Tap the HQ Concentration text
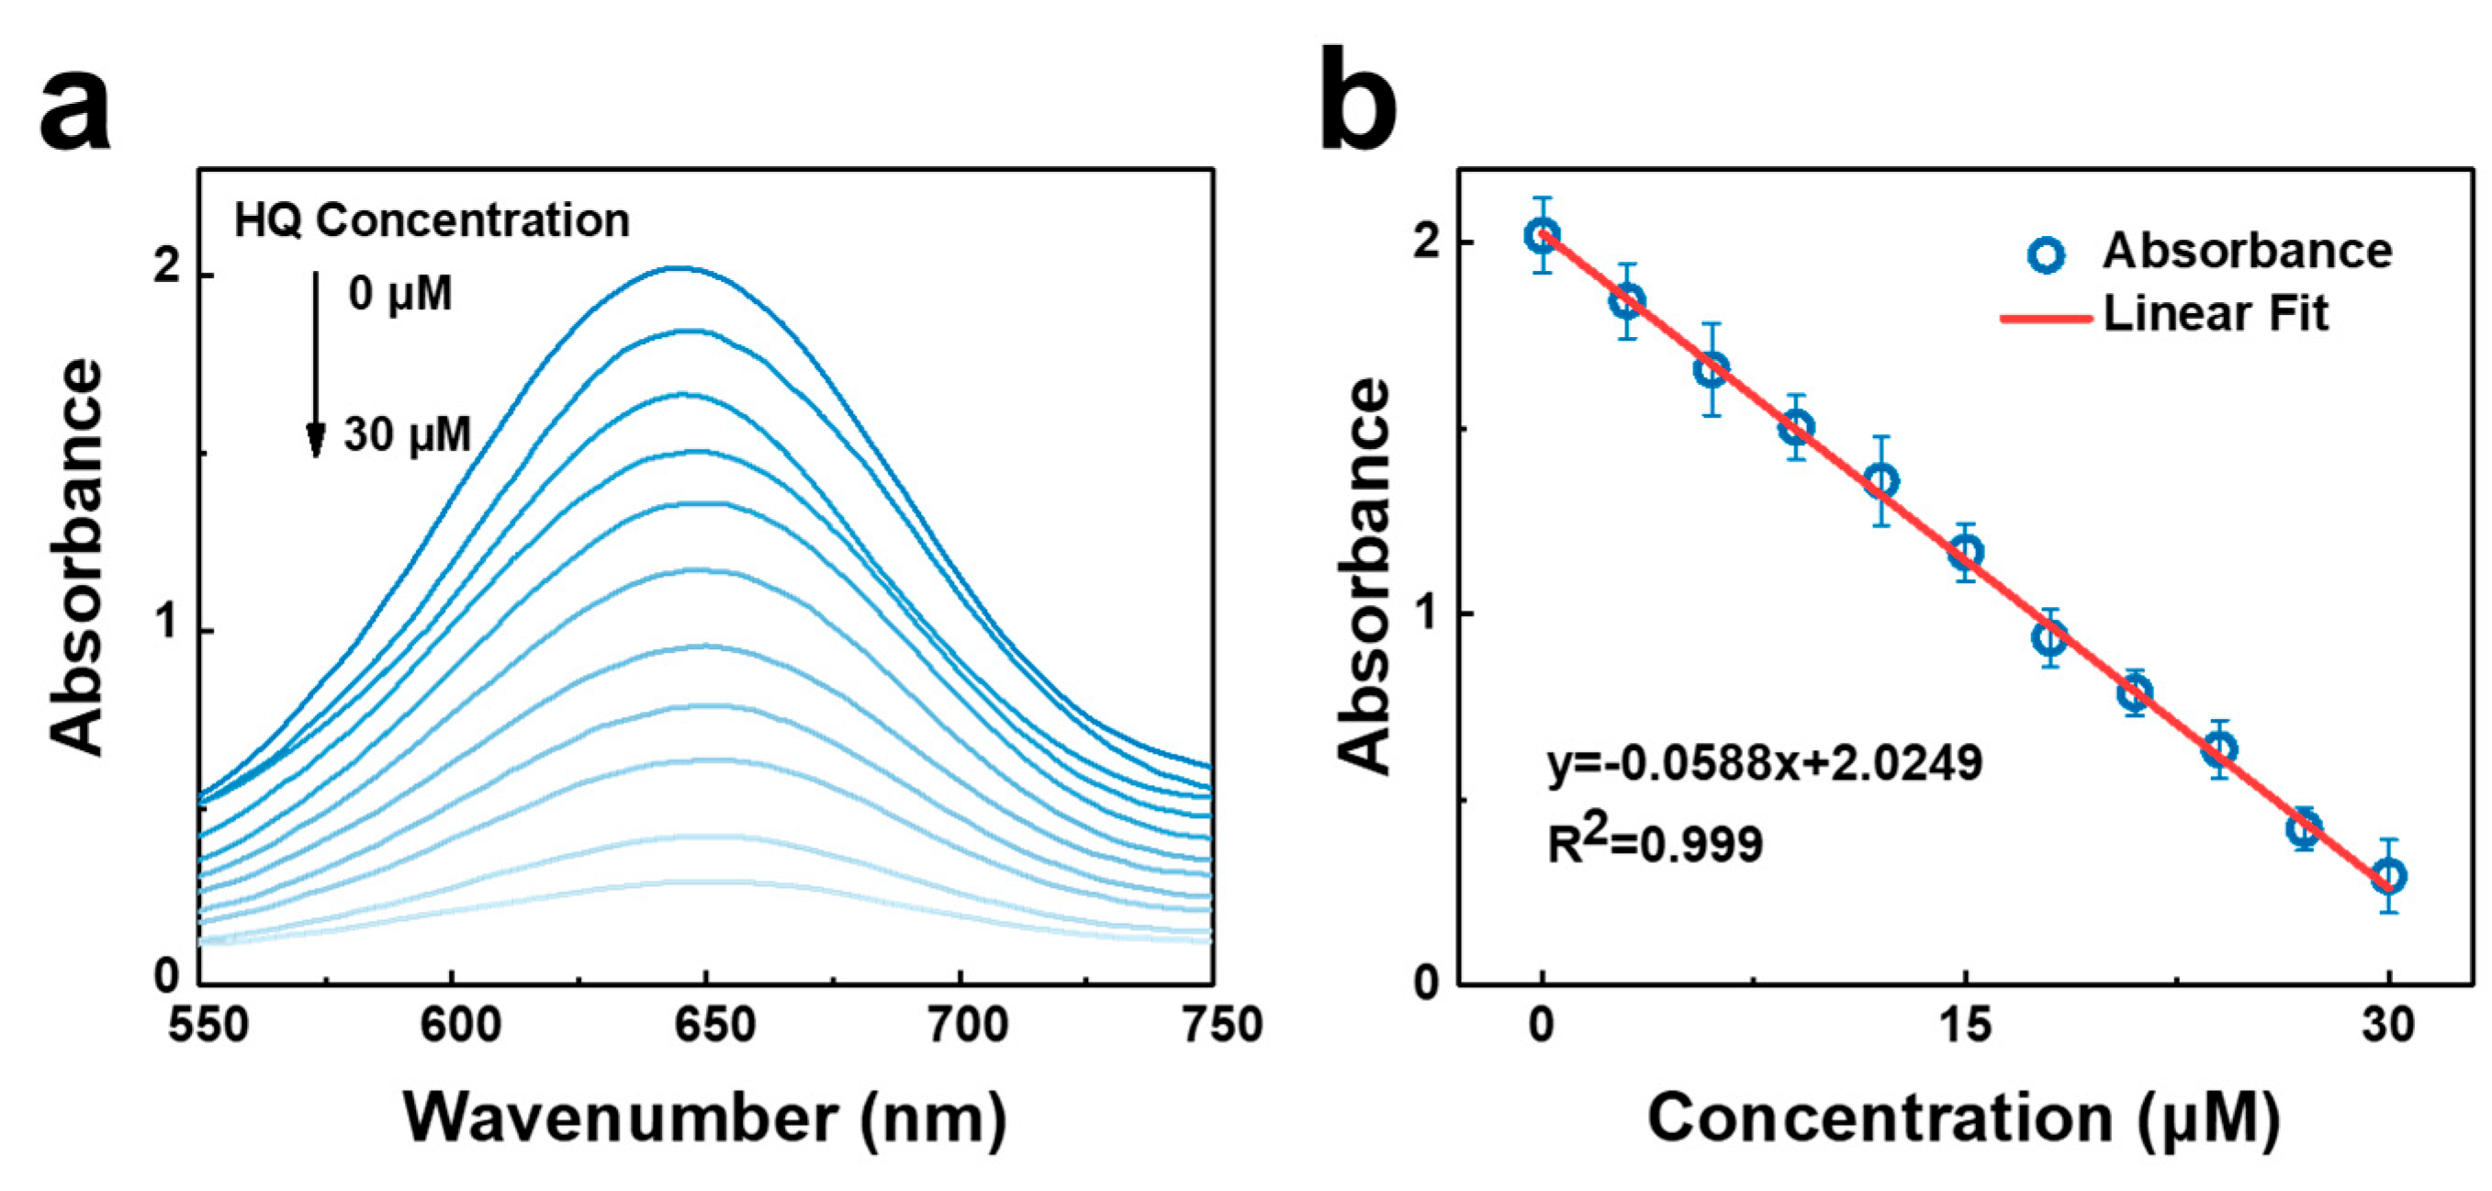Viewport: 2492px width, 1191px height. (x=432, y=220)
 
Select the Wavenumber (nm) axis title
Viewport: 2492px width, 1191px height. (x=705, y=1119)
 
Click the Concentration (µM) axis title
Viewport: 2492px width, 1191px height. (x=1964, y=1119)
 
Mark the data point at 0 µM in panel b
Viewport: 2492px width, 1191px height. (x=1542, y=235)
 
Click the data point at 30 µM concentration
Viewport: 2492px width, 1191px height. (x=2388, y=877)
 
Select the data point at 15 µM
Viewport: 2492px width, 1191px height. (x=1965, y=553)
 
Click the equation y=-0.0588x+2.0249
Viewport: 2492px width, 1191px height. (x=1765, y=764)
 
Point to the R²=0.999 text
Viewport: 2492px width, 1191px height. (x=1656, y=844)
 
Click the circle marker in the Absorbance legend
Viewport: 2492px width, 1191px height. (x=2046, y=253)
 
